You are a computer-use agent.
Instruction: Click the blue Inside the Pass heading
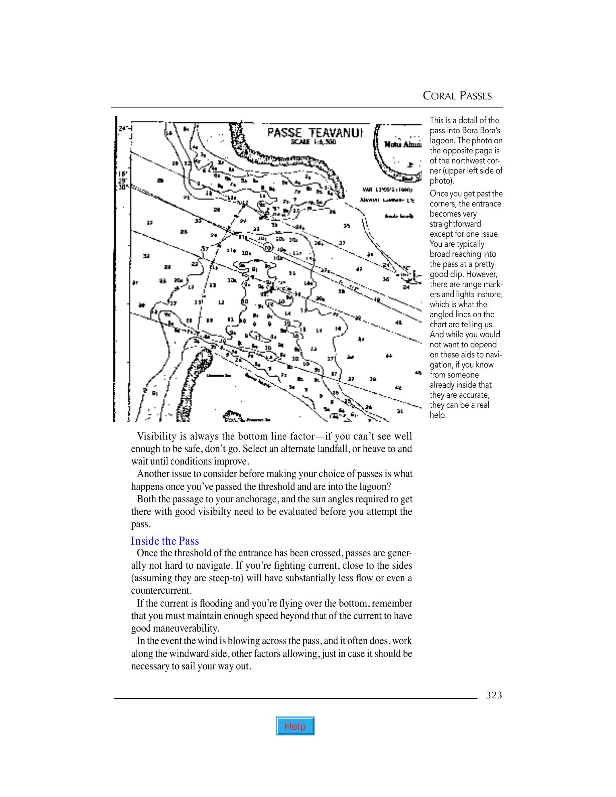(x=165, y=541)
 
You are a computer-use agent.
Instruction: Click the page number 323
(x=494, y=695)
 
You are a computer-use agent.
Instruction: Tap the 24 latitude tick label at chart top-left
(x=123, y=128)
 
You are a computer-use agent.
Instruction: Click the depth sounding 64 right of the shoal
(x=389, y=356)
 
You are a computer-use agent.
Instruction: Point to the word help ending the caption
(x=438, y=415)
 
